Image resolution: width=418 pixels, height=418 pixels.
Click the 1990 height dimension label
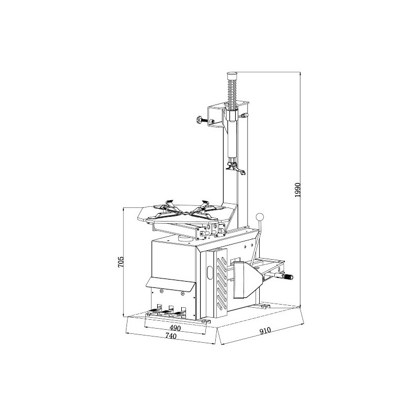298,190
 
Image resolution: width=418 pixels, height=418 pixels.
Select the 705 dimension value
121,262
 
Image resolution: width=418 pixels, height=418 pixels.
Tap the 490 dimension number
175,328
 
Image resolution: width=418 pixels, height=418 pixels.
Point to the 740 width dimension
171,336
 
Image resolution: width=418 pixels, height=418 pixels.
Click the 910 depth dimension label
265,331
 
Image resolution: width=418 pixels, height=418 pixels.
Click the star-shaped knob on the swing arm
199,120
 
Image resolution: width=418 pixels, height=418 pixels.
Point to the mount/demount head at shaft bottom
235,167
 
